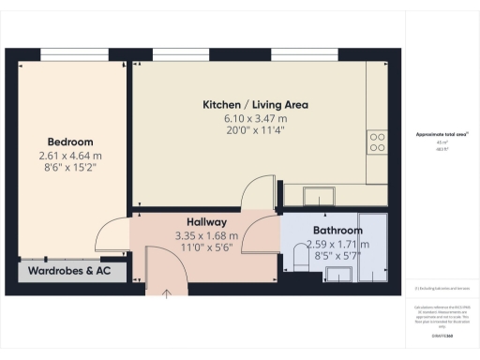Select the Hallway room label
coord(206,222)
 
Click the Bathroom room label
coord(337,231)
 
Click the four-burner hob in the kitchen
coord(378,142)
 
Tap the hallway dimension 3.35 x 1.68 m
coord(206,235)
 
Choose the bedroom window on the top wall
coord(67,52)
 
